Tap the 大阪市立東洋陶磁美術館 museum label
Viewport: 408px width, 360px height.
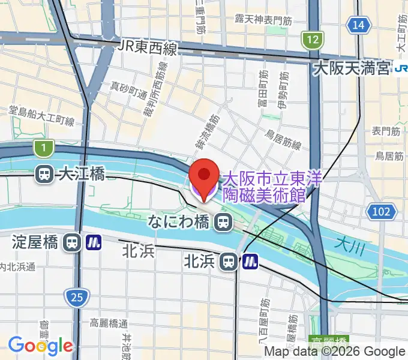point(273,186)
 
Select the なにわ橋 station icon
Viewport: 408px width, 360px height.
point(223,223)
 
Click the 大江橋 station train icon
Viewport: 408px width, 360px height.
point(44,174)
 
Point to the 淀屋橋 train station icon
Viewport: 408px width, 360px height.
point(72,242)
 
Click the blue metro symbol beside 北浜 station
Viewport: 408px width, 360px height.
point(250,262)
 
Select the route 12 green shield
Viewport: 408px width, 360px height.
point(311,40)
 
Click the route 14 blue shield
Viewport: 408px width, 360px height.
point(358,25)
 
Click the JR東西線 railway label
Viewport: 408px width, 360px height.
point(147,47)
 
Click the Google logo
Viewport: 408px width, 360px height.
point(40,345)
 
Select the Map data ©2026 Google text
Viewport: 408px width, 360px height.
point(334,352)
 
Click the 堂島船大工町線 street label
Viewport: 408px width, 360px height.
point(41,116)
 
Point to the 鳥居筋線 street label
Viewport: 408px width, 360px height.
point(283,143)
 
